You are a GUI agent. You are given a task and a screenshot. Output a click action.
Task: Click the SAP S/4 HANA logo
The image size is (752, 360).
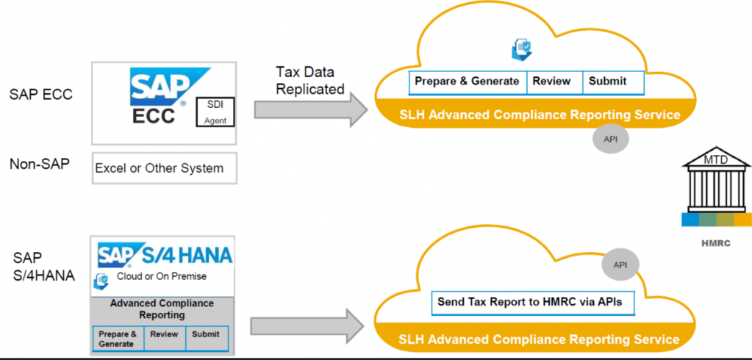coord(165,255)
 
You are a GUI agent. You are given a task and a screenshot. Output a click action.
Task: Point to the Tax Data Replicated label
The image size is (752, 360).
coord(309,81)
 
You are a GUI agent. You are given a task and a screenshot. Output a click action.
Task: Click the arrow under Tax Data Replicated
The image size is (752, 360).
coord(309,109)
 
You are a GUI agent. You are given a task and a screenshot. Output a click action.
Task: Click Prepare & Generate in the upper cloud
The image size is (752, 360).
coord(468,82)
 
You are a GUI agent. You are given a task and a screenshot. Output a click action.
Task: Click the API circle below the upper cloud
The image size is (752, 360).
coord(610,139)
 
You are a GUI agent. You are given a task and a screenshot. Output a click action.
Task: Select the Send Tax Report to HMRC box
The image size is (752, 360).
coord(531,301)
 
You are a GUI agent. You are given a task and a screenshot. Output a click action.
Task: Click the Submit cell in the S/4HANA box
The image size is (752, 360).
coord(206,339)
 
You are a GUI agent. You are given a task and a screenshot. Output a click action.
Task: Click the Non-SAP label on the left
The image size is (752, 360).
coord(40,165)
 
